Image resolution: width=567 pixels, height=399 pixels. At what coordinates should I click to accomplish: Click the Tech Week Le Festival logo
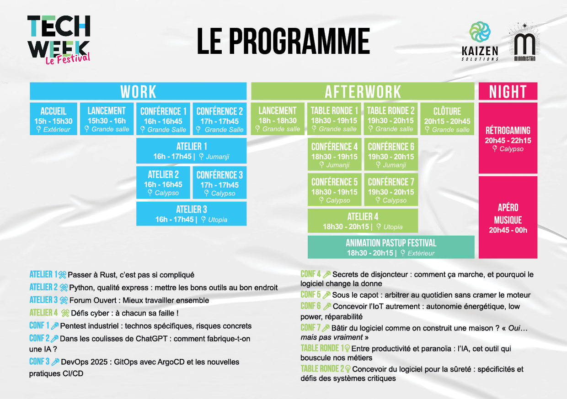click(59, 39)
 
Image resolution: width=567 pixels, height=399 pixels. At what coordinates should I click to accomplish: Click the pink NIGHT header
click(508, 91)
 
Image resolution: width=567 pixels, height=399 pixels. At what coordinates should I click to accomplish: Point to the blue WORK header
click(138, 91)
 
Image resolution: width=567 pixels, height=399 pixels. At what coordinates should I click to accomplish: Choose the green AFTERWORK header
click(363, 91)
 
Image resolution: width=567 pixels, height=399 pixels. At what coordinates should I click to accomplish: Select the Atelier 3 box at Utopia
click(191, 214)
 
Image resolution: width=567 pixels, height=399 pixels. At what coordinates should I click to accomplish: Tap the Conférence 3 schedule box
click(219, 183)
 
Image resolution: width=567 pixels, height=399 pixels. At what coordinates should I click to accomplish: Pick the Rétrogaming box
click(508, 138)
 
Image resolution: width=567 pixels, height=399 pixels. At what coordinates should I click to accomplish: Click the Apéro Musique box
click(508, 217)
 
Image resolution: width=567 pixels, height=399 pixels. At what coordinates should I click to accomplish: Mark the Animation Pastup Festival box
click(391, 247)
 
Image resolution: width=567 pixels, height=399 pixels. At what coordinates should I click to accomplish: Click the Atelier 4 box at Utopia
click(363, 221)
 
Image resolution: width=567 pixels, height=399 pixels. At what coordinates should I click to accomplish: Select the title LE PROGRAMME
click(283, 41)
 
